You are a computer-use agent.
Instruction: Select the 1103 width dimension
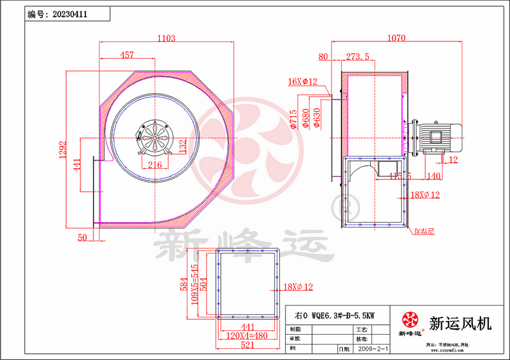(x=166, y=38)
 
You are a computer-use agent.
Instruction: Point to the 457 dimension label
(x=126, y=56)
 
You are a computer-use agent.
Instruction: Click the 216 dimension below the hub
(x=155, y=165)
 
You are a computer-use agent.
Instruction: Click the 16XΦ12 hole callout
(x=302, y=82)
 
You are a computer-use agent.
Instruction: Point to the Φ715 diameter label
(x=293, y=118)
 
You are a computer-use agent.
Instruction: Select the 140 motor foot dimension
(x=434, y=176)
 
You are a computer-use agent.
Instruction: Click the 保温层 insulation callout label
(x=425, y=231)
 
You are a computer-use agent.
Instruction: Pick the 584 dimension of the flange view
(x=183, y=285)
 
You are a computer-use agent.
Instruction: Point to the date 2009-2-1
(x=373, y=349)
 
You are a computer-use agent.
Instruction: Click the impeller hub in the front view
(x=155, y=135)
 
